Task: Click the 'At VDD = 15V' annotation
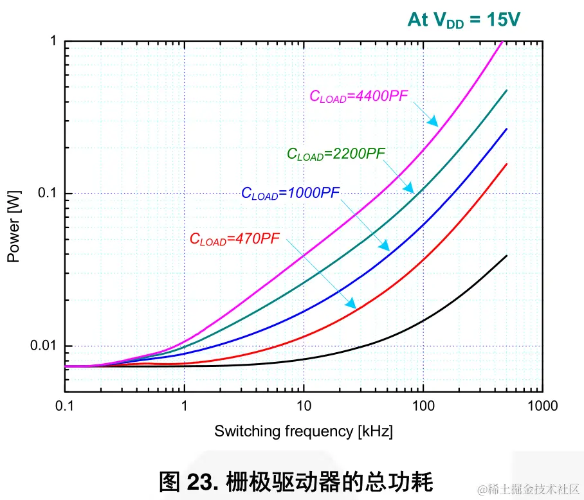[x=463, y=20]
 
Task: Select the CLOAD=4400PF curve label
[x=359, y=96]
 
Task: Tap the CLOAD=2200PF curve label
[x=336, y=154]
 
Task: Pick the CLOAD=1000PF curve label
[x=290, y=193]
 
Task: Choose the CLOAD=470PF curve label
[x=235, y=238]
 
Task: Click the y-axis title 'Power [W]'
[x=14, y=226]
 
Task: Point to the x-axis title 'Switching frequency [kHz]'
[x=304, y=431]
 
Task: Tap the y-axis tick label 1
[x=53, y=42]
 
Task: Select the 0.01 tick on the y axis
[x=44, y=346]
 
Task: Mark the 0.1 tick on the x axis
[x=65, y=406]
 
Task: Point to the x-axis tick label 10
[x=304, y=406]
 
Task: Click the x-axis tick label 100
[x=423, y=406]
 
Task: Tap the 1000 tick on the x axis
[x=542, y=406]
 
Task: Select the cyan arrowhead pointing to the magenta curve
[x=433, y=121]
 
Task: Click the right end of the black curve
[x=507, y=256]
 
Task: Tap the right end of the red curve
[x=507, y=164]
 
